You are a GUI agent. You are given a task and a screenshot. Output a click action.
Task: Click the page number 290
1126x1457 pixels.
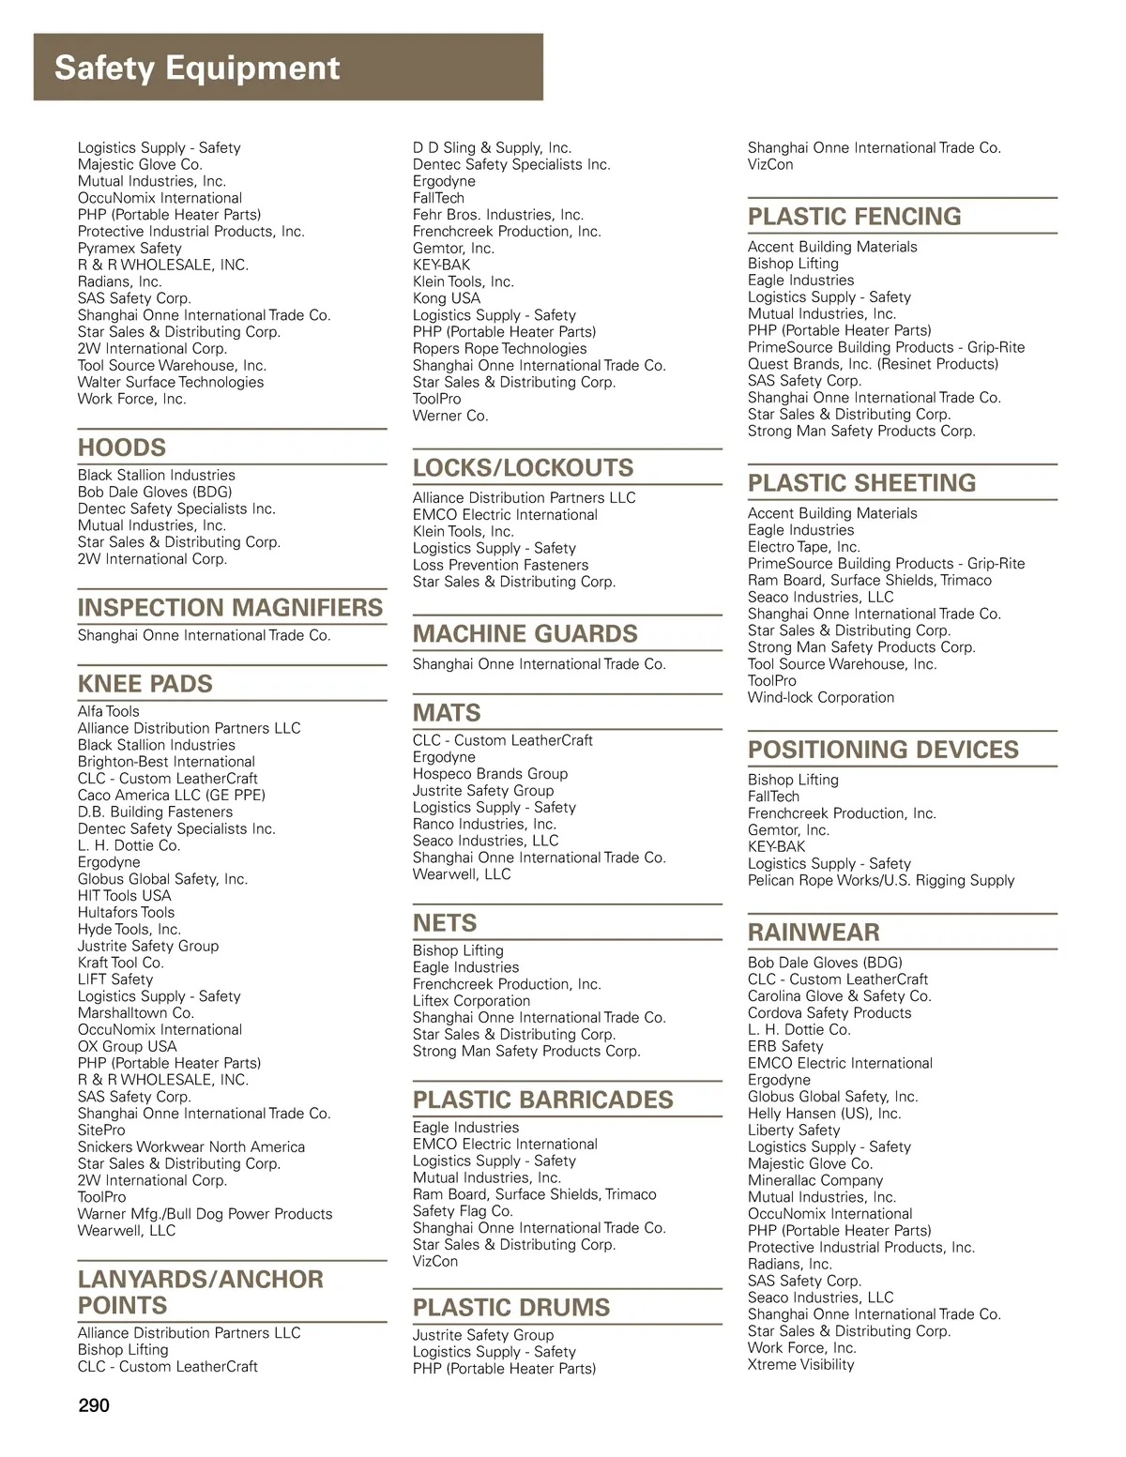click(x=94, y=1405)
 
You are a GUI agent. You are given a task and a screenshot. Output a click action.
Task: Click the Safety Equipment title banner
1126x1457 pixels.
click(x=197, y=68)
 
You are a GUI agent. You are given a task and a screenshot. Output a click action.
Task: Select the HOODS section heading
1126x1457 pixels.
click(x=122, y=448)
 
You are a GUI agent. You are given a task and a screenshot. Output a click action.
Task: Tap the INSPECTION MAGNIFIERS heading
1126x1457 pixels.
click(x=230, y=608)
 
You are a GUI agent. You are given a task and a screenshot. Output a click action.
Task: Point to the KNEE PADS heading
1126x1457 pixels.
click(x=145, y=684)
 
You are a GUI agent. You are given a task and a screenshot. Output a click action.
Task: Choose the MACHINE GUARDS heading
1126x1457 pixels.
click(x=525, y=634)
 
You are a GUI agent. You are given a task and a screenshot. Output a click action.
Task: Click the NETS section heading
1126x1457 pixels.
click(x=445, y=923)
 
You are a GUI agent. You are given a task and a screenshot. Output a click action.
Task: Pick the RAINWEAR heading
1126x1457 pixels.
click(x=814, y=933)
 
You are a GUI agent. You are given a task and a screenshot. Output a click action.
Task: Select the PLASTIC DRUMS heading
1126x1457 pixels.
click(x=511, y=1308)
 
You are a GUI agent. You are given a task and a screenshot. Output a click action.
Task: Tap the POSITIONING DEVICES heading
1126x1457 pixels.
click(x=883, y=750)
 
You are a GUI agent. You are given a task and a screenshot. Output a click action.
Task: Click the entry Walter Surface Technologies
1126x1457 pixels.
click(x=171, y=382)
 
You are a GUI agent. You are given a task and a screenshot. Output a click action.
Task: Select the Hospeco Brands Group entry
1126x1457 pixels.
click(x=490, y=774)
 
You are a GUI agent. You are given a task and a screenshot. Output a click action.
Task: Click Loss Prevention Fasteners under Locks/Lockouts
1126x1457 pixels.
click(x=501, y=565)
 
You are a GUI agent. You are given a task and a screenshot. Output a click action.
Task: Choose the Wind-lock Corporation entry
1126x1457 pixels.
click(x=821, y=697)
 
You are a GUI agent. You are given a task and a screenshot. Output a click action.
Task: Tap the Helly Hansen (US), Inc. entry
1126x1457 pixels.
click(x=824, y=1114)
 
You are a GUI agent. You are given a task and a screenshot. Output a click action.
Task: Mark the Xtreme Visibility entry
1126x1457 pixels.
click(x=801, y=1364)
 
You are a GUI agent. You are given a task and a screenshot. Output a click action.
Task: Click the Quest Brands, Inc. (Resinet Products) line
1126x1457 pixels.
click(x=873, y=364)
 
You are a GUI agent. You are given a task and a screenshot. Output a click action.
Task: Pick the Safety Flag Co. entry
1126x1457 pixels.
click(x=463, y=1211)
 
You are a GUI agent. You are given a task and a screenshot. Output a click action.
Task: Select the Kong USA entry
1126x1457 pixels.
click(x=447, y=298)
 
